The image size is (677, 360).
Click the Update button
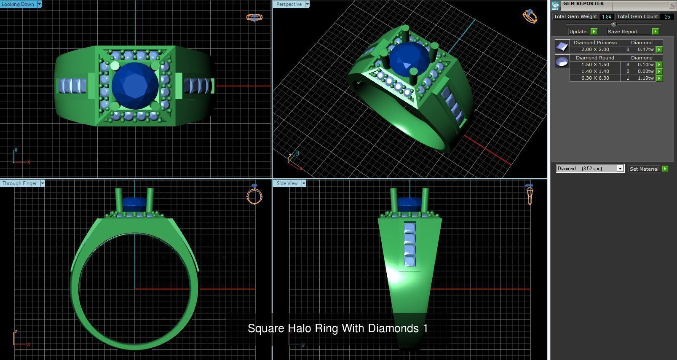click(x=578, y=32)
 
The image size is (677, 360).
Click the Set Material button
click(x=644, y=169)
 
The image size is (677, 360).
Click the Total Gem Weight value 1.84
click(x=606, y=17)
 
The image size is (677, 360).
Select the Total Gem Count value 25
click(x=667, y=17)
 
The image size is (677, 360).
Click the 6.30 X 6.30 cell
click(x=595, y=78)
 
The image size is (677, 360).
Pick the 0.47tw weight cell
click(x=645, y=49)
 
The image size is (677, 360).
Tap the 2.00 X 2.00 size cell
click(x=595, y=49)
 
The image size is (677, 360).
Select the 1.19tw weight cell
click(x=645, y=78)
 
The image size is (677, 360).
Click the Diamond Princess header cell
click(x=595, y=43)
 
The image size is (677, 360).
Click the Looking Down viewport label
click(x=18, y=4)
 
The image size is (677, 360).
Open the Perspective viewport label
click(x=289, y=4)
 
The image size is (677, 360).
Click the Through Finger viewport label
click(x=19, y=183)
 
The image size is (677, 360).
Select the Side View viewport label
click(x=287, y=183)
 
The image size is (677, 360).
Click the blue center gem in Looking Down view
click(x=135, y=86)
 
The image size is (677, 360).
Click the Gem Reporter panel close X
click(x=672, y=5)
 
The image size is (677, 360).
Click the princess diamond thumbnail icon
click(x=562, y=46)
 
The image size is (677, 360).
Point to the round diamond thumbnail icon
click(x=562, y=62)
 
